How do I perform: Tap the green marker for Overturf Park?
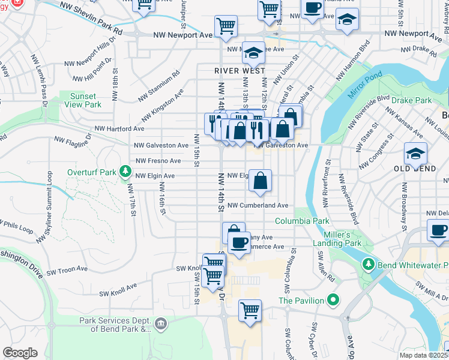pos(125,172)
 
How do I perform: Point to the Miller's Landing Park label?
pos(337,239)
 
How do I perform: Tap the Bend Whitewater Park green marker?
pos(368,265)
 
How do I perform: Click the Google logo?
pos(20,352)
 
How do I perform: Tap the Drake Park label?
pos(412,100)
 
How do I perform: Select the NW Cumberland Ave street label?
pos(258,205)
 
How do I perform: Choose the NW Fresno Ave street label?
pos(158,161)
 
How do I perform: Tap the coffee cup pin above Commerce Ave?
pos(239,242)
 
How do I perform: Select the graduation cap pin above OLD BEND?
pos(415,154)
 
